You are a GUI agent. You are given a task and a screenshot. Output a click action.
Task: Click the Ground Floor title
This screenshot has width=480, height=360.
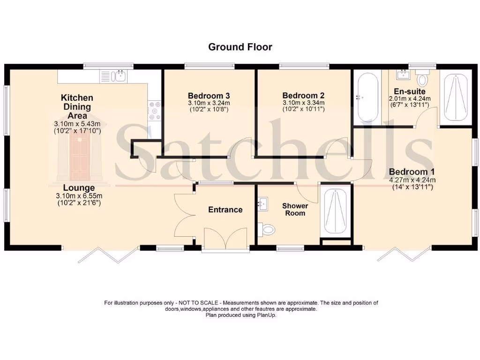pos(240,47)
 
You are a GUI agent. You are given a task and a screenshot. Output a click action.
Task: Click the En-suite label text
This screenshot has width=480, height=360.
pos(410,91)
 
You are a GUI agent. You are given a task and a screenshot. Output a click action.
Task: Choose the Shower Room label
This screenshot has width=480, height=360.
pos(295,210)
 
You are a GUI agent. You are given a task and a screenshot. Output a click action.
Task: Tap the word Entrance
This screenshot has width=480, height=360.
pos(225,210)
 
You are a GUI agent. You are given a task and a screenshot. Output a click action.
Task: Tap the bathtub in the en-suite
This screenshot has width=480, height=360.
pos(367,97)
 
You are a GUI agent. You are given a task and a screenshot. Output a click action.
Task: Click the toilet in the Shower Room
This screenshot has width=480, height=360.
pos(267,229)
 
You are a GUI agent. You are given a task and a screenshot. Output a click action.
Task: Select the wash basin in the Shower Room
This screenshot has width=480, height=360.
pos(262,203)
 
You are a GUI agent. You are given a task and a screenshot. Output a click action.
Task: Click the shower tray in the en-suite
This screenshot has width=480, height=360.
pos(456,97)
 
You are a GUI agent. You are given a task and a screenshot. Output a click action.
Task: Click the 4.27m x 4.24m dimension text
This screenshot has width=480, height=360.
pos(412,180)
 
